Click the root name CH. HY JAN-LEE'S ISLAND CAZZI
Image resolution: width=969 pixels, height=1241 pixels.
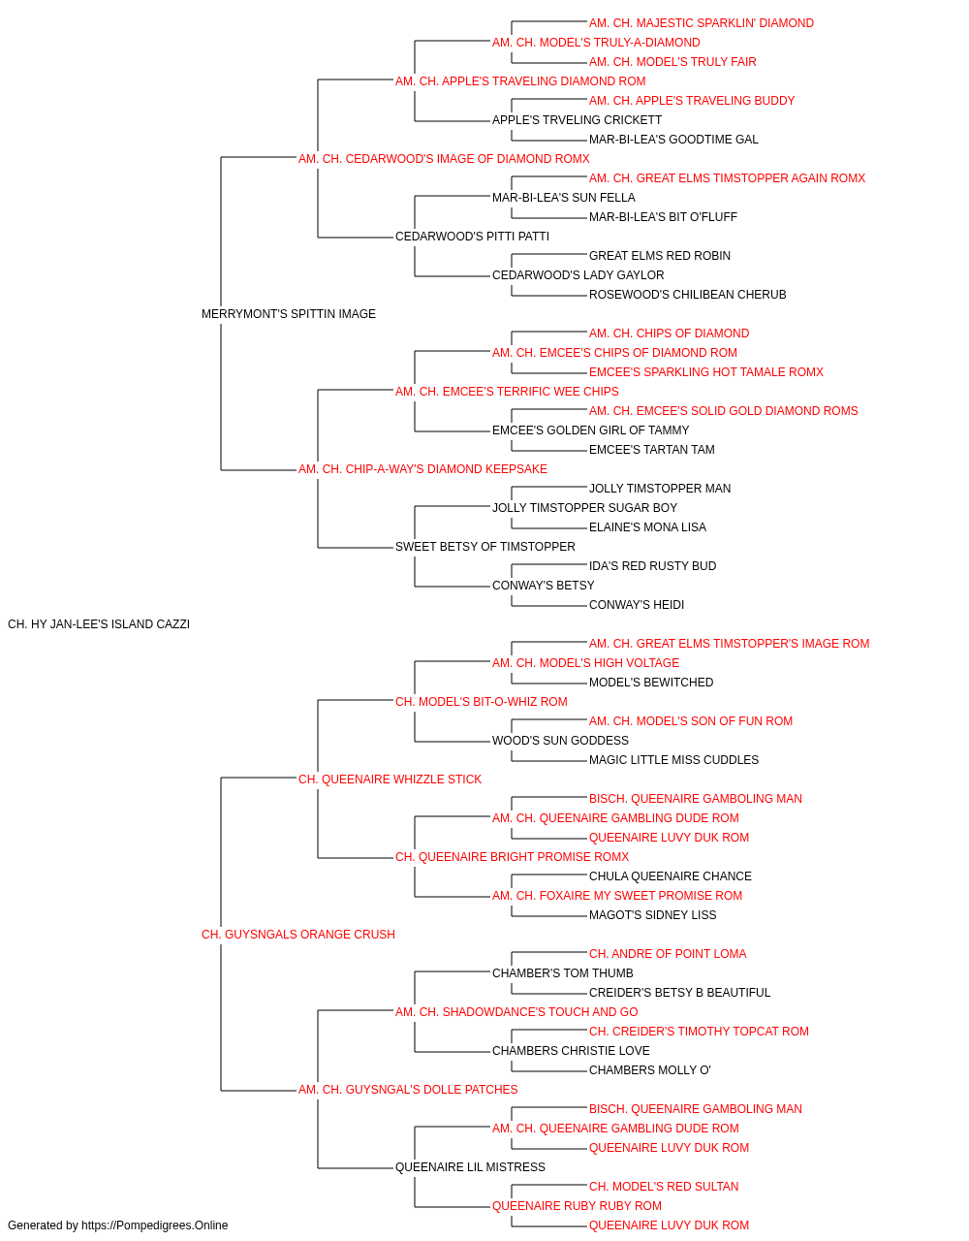click(x=99, y=624)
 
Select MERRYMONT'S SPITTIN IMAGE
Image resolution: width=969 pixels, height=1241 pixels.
click(x=288, y=314)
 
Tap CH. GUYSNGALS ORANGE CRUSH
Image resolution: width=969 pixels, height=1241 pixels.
click(x=297, y=935)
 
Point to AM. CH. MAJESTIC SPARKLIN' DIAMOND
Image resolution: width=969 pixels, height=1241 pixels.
click(x=702, y=23)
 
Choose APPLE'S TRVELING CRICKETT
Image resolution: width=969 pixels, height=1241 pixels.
click(x=577, y=120)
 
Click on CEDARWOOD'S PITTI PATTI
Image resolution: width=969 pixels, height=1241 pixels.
click(x=472, y=237)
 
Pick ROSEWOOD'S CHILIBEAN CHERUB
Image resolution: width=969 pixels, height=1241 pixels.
click(x=688, y=295)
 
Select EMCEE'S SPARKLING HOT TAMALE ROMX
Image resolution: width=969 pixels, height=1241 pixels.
click(x=706, y=372)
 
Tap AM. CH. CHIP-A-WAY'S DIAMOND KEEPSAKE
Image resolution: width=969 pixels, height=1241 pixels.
click(x=422, y=469)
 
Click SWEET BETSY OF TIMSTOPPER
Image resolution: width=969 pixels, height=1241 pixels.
click(x=485, y=547)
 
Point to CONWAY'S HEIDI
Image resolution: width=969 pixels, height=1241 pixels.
click(x=637, y=605)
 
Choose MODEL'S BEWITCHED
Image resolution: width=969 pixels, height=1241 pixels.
click(x=651, y=683)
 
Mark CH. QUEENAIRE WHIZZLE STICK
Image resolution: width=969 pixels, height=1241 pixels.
click(x=390, y=780)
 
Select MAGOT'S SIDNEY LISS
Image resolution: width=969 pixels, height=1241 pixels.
click(x=652, y=915)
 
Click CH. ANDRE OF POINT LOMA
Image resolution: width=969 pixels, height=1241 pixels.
click(x=668, y=954)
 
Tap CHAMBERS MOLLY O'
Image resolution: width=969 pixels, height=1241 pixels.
click(x=649, y=1070)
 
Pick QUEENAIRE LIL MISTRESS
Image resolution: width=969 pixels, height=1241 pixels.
click(x=470, y=1167)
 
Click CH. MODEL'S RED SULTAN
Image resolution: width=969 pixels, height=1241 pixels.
click(x=664, y=1187)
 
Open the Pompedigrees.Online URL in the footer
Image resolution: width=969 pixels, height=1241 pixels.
click(x=154, y=1225)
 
